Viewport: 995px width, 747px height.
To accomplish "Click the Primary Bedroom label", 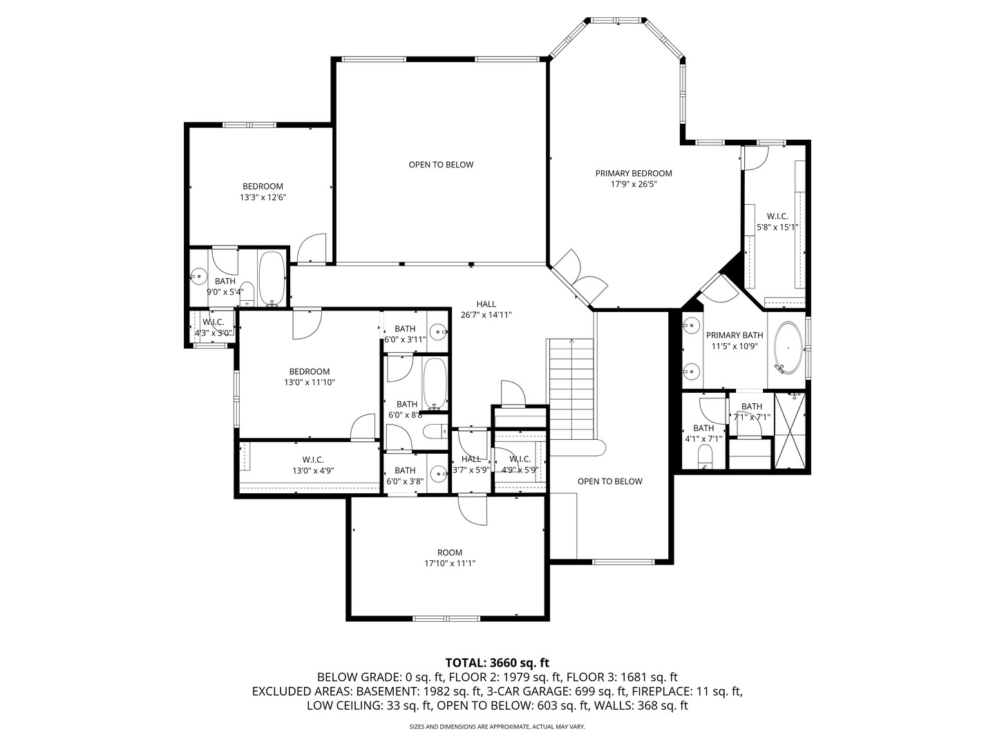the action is click(x=633, y=173).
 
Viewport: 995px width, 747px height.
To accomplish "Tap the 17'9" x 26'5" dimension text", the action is click(x=633, y=184).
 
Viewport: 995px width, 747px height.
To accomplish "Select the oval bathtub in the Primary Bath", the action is click(x=789, y=348).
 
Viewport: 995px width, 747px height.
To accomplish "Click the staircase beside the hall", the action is click(x=571, y=389).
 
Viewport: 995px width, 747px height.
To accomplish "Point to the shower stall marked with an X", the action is click(x=790, y=430).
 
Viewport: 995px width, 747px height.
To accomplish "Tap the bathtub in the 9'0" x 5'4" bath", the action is click(x=272, y=279).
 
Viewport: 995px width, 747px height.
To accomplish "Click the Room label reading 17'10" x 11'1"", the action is click(x=450, y=558).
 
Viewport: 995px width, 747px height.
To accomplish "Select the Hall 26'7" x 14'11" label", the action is click(x=486, y=309).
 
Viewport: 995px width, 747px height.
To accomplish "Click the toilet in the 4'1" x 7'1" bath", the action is click(x=705, y=456).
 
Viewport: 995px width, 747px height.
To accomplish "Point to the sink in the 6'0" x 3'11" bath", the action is click(x=438, y=331).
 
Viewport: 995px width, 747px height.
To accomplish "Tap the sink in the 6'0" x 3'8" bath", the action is click(x=439, y=474).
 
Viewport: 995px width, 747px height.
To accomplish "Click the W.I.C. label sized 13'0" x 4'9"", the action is click(x=313, y=465).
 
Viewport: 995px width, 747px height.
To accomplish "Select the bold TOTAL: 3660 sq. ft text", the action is click(x=497, y=663).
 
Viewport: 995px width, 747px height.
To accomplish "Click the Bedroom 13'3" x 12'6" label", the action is click(x=263, y=192).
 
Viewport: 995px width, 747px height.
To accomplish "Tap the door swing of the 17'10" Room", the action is click(x=473, y=510).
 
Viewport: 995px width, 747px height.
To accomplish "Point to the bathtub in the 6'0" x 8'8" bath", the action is click(x=435, y=384).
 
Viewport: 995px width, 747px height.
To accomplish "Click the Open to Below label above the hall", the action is click(x=441, y=165).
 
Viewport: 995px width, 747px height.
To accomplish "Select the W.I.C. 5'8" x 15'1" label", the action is click(x=777, y=222).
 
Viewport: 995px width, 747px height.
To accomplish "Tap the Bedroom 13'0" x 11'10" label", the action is click(x=310, y=377).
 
